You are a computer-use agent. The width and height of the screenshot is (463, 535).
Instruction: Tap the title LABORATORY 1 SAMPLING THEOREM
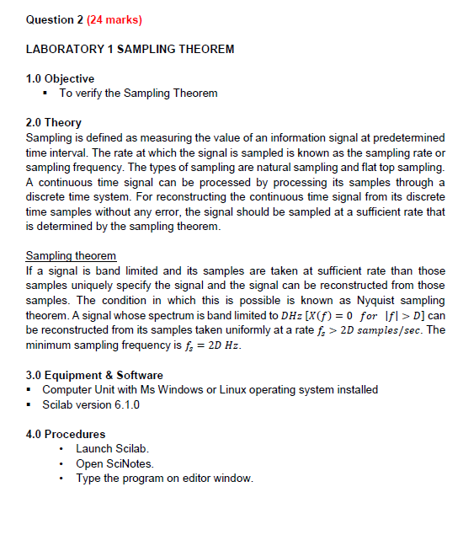click(x=130, y=49)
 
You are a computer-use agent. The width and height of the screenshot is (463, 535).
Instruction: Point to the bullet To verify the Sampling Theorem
click(x=137, y=93)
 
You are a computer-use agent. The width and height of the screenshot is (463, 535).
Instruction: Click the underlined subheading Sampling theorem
click(x=72, y=255)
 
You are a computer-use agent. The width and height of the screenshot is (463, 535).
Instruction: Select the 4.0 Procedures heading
click(x=66, y=434)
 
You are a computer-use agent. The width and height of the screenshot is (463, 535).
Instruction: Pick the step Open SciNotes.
click(x=114, y=463)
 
